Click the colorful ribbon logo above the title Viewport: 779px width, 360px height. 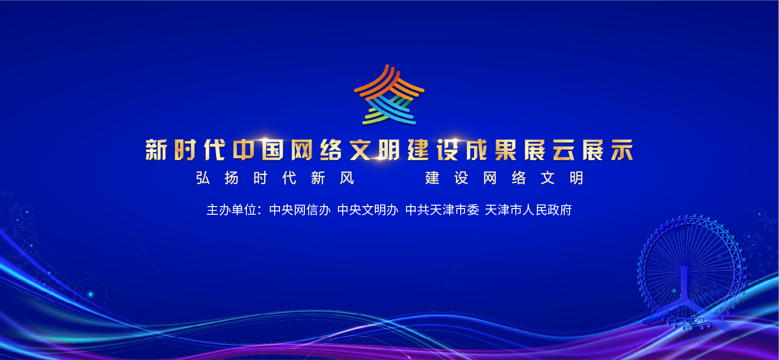coord(389,94)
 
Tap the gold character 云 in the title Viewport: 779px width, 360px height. coord(564,150)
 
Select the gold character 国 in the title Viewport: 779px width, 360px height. coord(273,150)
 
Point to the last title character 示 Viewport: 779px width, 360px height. coord(622,150)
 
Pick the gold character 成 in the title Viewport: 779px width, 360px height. coord(477,150)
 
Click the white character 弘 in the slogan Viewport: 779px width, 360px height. coord(203,178)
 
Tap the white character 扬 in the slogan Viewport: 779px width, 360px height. coord(232,178)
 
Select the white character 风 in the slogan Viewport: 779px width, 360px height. coord(347,178)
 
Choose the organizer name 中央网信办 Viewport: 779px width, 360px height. coord(300,210)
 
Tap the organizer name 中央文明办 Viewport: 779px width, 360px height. coord(368,210)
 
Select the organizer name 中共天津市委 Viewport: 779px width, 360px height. coord(442,210)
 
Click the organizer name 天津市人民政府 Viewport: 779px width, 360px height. coord(528,210)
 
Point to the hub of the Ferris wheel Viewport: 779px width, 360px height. coord(685,270)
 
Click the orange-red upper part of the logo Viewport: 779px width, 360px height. coord(389,83)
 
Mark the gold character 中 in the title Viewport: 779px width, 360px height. coord(244,150)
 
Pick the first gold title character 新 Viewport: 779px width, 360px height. coord(156,150)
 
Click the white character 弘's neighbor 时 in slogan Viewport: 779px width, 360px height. coord(260,178)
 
